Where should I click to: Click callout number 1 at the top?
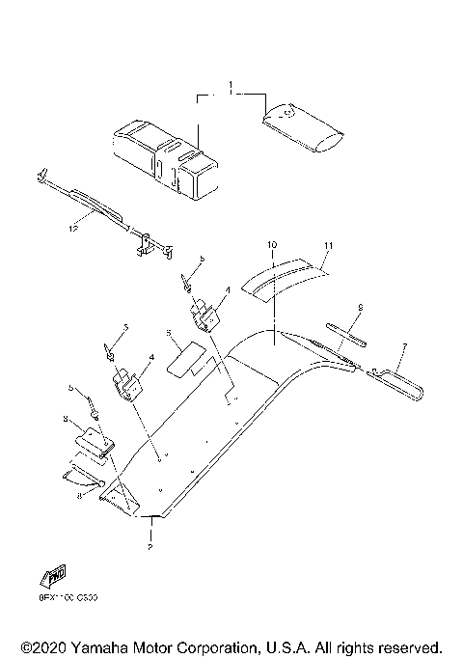pos(231,88)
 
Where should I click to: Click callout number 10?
pos(272,246)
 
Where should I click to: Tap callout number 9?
pos(359,308)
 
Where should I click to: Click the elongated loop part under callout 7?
pos(400,384)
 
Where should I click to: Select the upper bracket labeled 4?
pos(205,314)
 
